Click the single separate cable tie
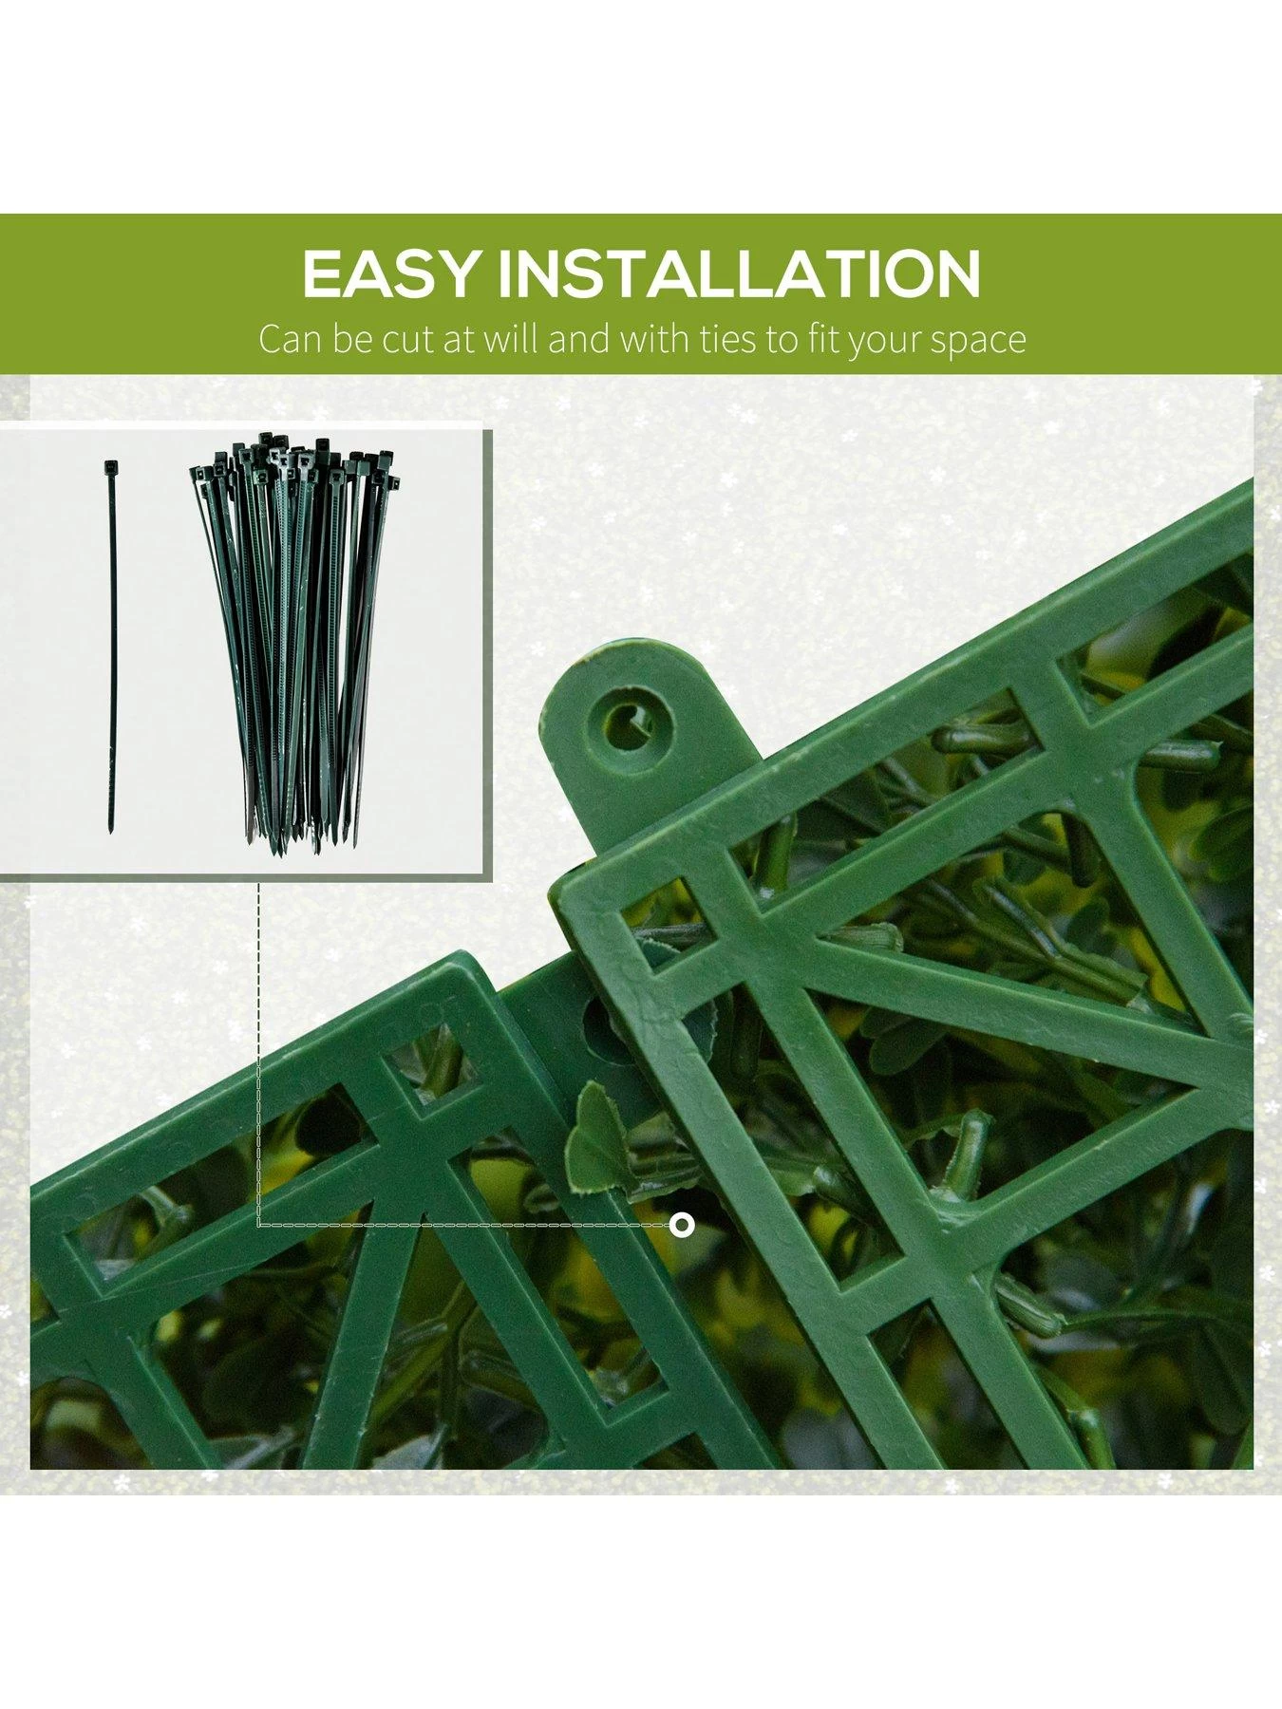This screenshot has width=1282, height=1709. click(110, 646)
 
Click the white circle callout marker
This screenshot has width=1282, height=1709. click(682, 1225)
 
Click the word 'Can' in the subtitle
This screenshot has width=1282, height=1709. click(291, 339)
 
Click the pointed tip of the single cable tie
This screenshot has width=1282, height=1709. click(110, 833)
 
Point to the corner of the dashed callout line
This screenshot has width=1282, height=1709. click(259, 1225)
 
